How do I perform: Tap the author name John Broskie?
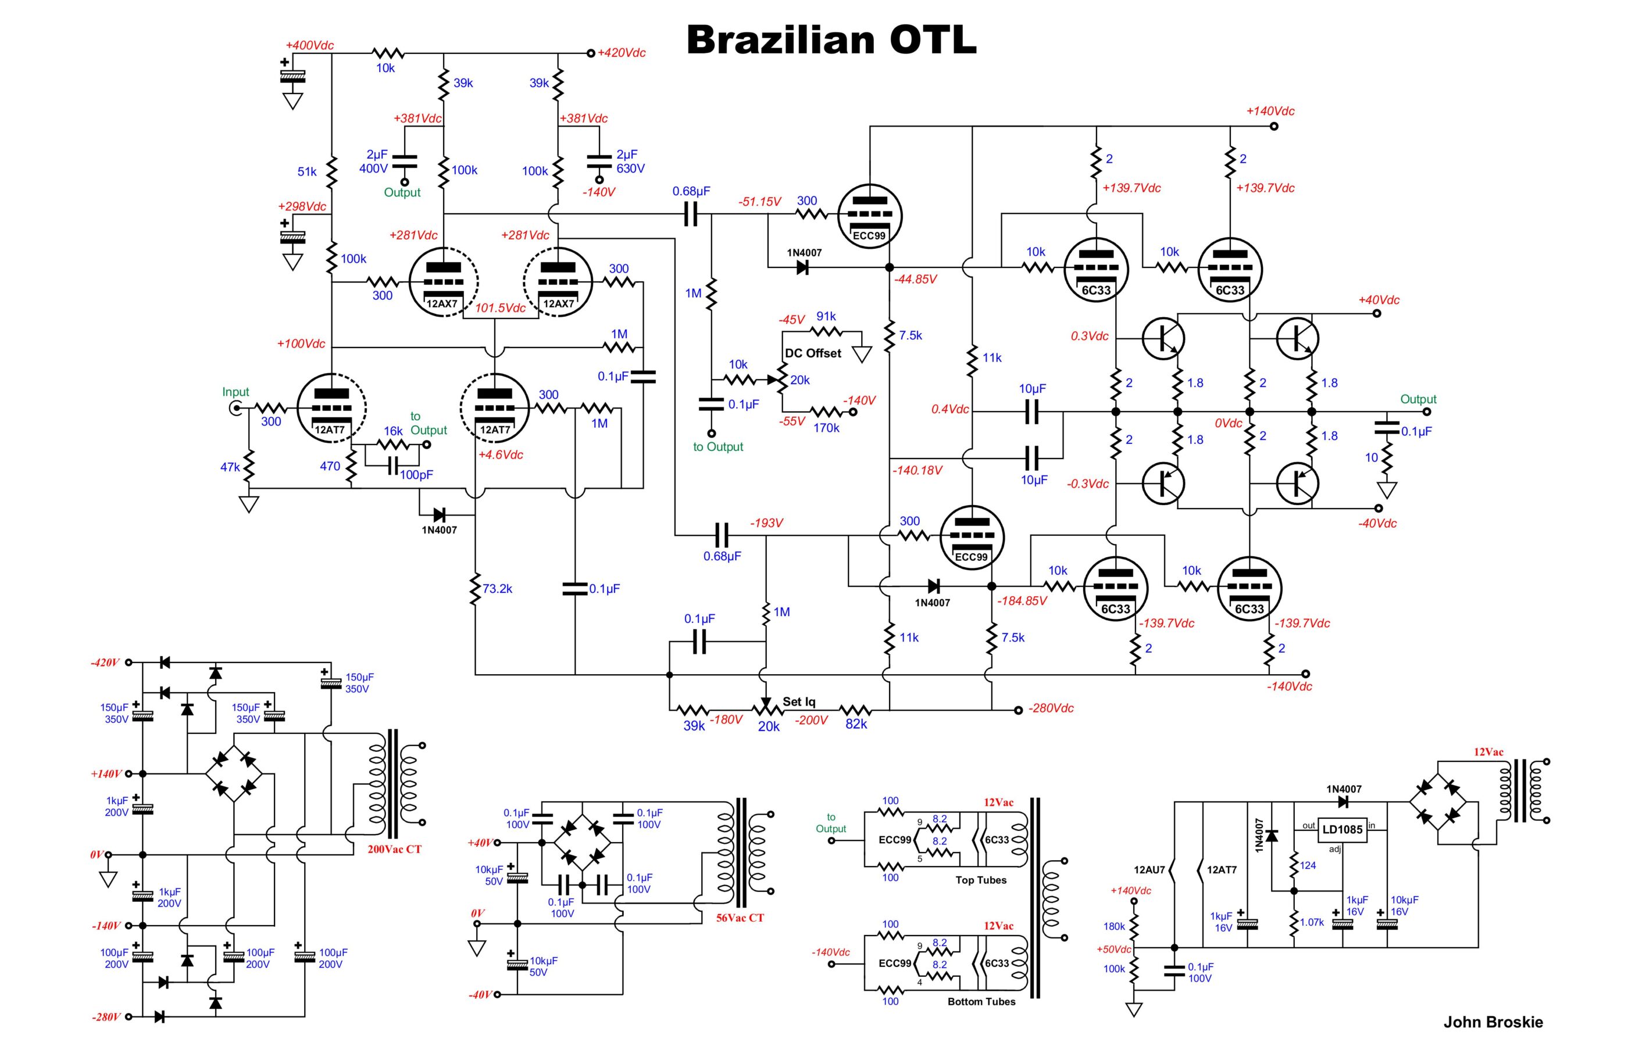point(1493,1022)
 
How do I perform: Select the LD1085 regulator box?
point(1342,829)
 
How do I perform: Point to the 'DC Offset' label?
point(813,353)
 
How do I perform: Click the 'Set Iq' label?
point(799,701)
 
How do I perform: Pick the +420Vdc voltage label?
point(621,53)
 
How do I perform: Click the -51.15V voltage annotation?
point(759,202)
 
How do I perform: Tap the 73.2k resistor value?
point(497,589)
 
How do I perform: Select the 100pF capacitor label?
point(416,475)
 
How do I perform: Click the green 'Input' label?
point(235,392)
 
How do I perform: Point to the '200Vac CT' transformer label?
point(395,849)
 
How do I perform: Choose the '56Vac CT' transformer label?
point(740,918)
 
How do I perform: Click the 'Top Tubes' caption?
point(981,880)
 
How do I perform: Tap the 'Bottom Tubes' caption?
point(981,1002)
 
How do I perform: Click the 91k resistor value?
point(826,317)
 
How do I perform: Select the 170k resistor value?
point(826,428)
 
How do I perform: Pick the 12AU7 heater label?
point(1149,871)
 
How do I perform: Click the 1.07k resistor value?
point(1311,922)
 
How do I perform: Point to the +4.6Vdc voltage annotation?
point(500,454)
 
